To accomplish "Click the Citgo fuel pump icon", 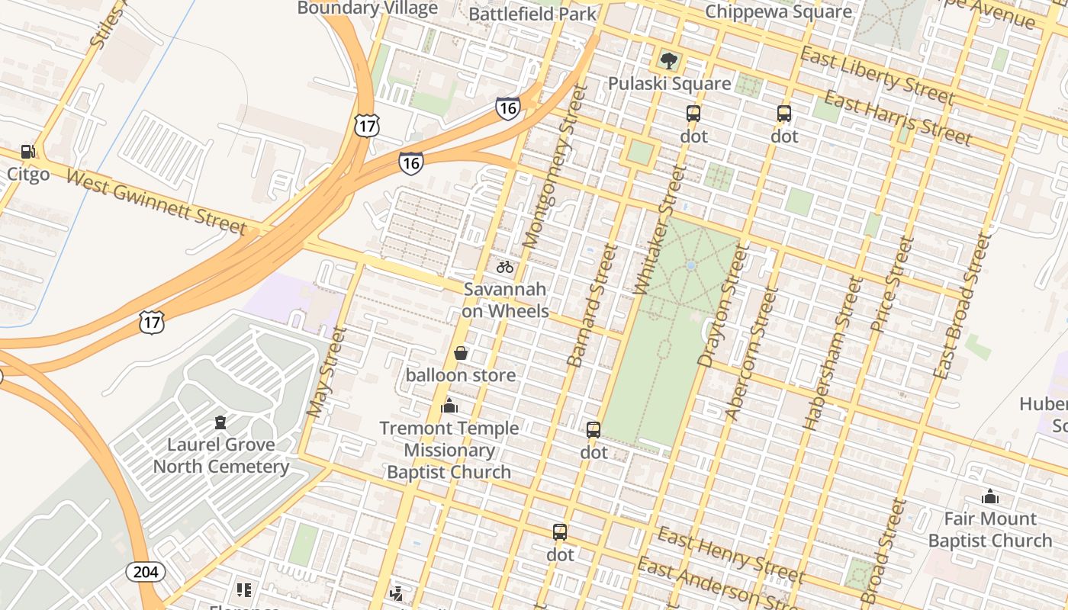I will pos(28,152).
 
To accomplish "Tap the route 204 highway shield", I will pos(146,572).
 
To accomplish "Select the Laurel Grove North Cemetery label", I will pos(220,455).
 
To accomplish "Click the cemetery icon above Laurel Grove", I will pos(220,422).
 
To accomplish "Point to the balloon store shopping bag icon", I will pos(461,353).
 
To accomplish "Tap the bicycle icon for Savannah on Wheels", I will pos(505,267).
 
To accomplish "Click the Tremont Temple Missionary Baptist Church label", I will pos(449,450).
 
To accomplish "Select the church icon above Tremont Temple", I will pos(449,406).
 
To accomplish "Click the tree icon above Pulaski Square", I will pos(669,60).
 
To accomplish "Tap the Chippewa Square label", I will pos(778,11).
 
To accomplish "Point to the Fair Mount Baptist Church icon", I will pos(990,497).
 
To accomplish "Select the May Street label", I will pos(327,372).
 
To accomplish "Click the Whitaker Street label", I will pos(655,230).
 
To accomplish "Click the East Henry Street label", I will pos(731,554).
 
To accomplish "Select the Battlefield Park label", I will pos(532,13).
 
